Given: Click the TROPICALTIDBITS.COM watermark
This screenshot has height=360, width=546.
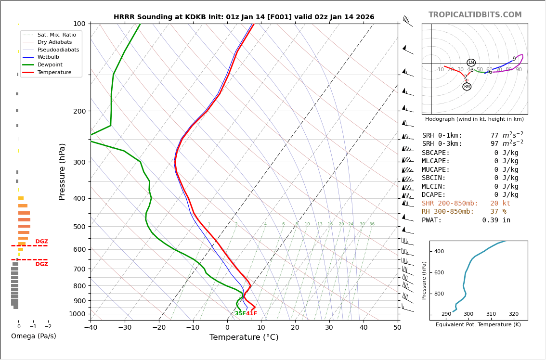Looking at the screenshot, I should tap(475, 15).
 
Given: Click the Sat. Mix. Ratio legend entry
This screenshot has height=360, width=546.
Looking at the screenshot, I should tap(56, 35).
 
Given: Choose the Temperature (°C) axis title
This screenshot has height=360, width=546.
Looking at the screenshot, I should tap(244, 337).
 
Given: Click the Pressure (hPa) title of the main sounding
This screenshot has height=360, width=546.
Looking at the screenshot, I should tap(63, 171).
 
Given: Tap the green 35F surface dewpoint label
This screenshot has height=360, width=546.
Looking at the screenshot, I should tap(240, 314).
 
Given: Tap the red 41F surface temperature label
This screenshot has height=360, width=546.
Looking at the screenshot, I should tap(251, 314).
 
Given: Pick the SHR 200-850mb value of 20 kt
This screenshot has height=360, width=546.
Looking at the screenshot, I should tap(500, 204).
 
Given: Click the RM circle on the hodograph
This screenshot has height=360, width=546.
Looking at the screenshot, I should tap(467, 87).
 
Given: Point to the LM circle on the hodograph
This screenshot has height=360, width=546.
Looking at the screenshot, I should tap(471, 63).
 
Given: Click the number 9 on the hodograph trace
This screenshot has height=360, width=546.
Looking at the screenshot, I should tap(514, 59).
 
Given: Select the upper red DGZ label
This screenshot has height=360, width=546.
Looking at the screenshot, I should tap(42, 242).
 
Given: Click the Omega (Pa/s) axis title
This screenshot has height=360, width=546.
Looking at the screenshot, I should tap(33, 336).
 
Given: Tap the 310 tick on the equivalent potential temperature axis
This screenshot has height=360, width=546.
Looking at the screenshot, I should tap(491, 314).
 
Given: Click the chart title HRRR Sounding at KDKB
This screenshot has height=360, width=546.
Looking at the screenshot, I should tap(244, 17).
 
